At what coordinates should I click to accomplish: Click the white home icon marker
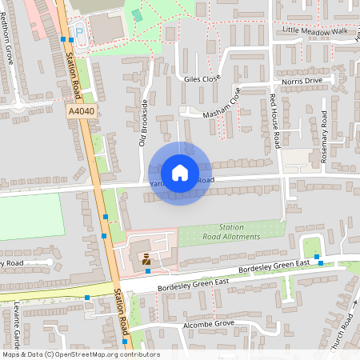tap(179, 172)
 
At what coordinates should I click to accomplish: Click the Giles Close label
tap(202, 79)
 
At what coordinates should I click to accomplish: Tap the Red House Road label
tap(274, 120)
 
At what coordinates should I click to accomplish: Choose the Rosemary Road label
tap(324, 137)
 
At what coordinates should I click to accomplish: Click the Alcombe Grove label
tap(207, 324)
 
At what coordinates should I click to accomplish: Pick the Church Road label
tap(343, 327)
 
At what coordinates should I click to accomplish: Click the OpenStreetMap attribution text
tap(80, 354)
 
